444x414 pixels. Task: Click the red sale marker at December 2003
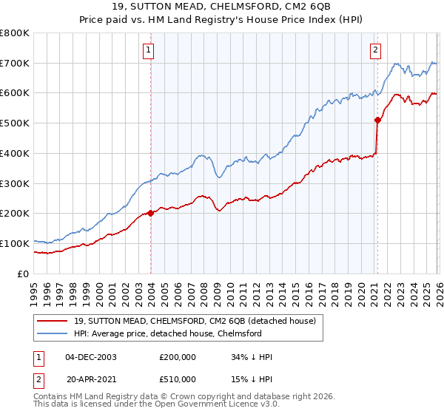click(150, 213)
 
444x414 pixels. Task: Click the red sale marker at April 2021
click(377, 119)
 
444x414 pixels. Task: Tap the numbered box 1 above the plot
click(149, 50)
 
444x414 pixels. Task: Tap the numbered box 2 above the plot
click(375, 50)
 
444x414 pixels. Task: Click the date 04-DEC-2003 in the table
click(90, 357)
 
